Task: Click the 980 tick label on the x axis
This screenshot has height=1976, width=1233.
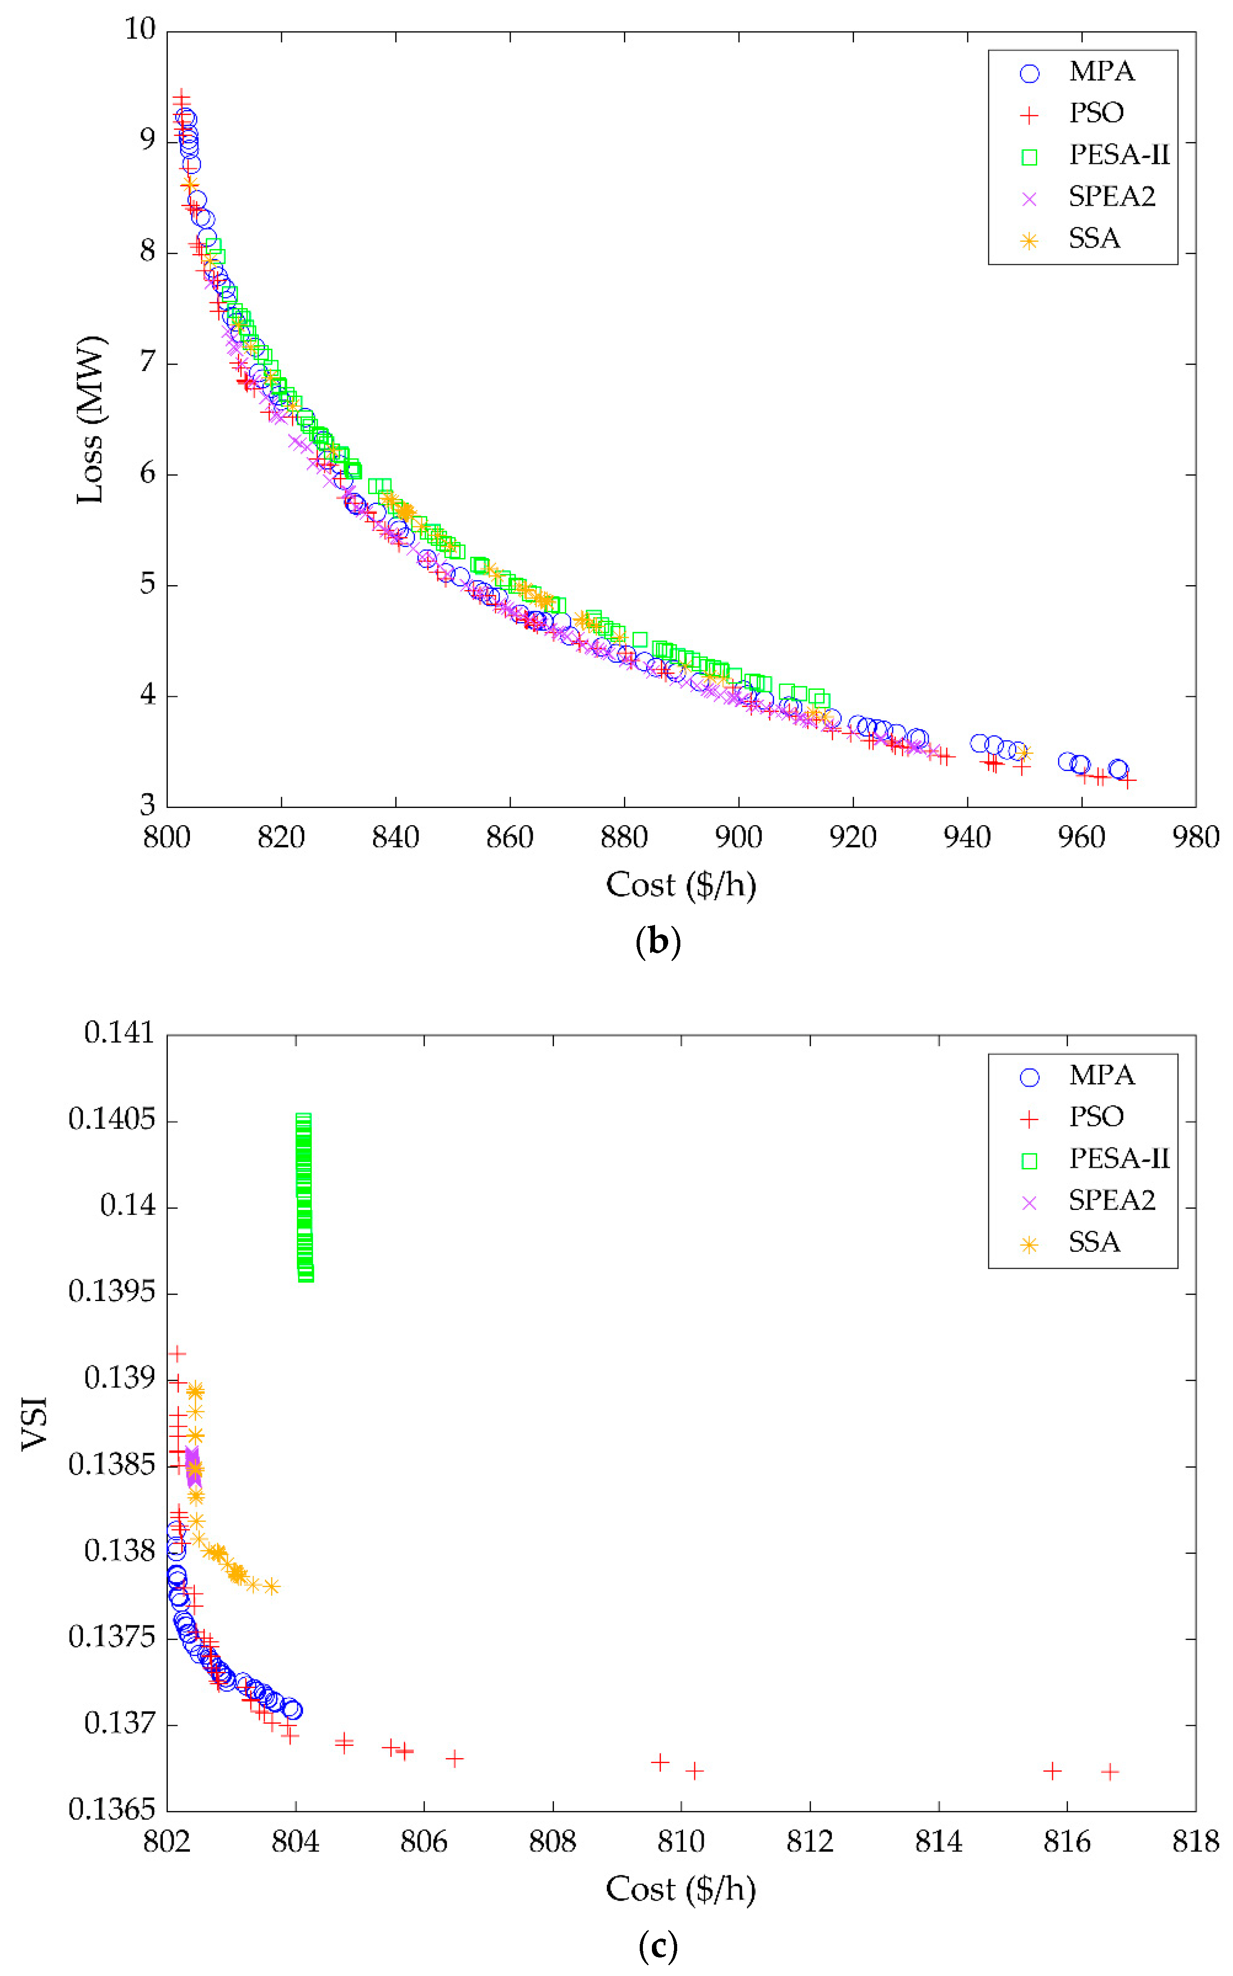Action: (x=1195, y=837)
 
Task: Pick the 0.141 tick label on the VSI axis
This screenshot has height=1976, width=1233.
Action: (x=119, y=1033)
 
